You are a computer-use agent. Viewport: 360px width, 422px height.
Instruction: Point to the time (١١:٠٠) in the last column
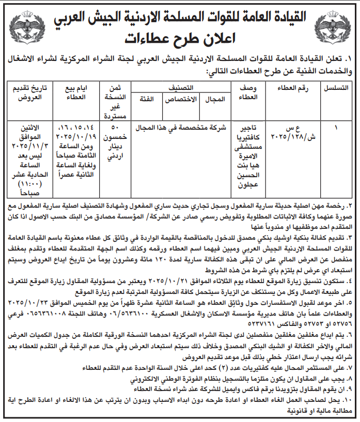click(x=27, y=183)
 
